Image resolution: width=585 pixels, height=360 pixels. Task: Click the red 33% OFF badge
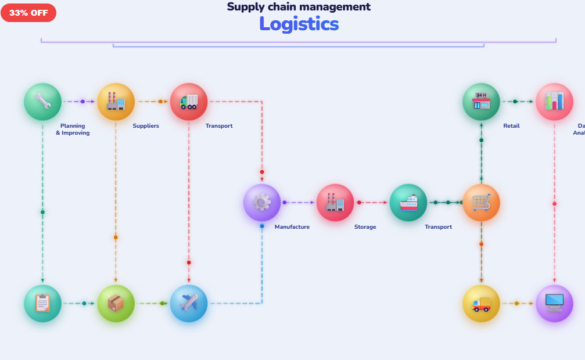[x=28, y=13]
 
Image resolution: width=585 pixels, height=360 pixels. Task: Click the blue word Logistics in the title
[x=299, y=24]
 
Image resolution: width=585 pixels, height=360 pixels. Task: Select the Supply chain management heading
[x=299, y=7]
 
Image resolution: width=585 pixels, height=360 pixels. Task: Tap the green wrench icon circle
[x=42, y=102]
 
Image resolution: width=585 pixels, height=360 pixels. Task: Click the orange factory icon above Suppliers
[x=116, y=102]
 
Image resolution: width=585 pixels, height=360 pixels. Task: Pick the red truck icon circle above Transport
[x=189, y=102]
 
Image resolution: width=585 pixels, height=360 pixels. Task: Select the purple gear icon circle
[x=262, y=203]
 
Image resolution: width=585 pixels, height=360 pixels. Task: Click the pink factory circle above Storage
[x=335, y=203]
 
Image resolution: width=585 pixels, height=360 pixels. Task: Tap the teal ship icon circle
[x=408, y=203]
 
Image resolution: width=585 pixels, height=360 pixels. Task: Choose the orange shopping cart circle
[x=481, y=203]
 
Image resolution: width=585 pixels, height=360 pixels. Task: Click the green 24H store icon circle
[x=481, y=102]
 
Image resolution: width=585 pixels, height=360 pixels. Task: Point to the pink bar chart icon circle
[x=554, y=102]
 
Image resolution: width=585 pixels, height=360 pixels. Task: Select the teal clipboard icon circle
[x=42, y=303]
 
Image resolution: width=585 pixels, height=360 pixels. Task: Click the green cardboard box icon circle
[x=116, y=303]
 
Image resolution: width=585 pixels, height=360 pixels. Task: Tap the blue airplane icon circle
[x=189, y=303]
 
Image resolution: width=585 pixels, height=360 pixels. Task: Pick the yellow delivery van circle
[x=481, y=303]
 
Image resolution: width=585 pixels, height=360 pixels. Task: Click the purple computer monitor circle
[x=554, y=303]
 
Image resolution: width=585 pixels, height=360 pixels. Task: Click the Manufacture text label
[x=292, y=227]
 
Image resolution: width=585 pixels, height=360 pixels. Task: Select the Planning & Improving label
[x=73, y=129]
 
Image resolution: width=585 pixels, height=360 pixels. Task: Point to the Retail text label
[x=511, y=126]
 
